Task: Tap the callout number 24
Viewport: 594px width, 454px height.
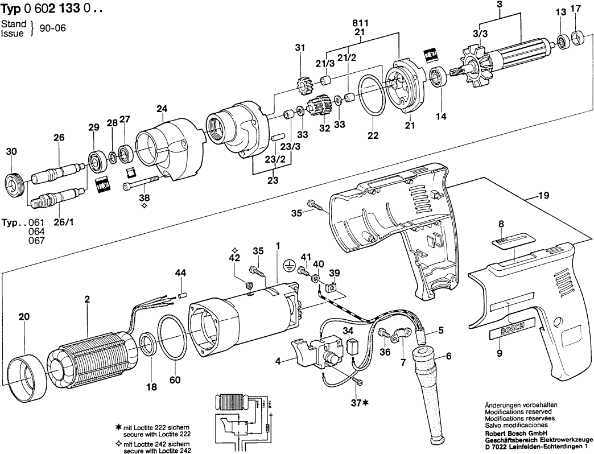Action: pyautogui.click(x=162, y=109)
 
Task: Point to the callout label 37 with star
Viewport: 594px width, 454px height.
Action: pyautogui.click(x=358, y=403)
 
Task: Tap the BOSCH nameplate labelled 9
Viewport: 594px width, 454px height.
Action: pyautogui.click(x=511, y=331)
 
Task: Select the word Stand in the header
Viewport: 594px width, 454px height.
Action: pyautogui.click(x=14, y=24)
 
